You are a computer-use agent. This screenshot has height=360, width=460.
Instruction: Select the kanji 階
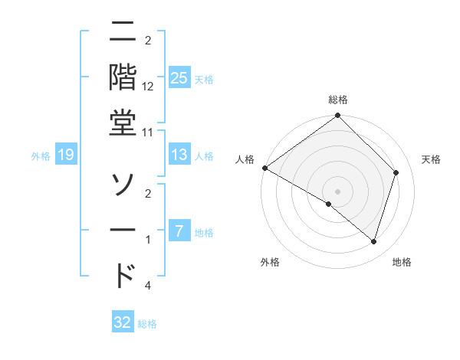coord(123,77)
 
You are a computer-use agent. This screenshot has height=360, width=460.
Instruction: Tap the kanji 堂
coord(123,123)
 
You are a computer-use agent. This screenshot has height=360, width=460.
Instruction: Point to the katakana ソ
coord(123,183)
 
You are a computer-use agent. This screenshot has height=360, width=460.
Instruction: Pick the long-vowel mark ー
coord(123,230)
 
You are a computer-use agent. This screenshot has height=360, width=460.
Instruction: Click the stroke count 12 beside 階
coord(148,86)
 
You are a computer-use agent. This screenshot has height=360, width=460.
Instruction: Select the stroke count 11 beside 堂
coord(148,132)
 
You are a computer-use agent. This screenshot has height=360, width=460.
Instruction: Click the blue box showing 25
coord(179,77)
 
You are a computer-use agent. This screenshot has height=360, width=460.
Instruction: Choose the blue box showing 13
coord(179,155)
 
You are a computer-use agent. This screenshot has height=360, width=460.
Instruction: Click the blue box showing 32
coord(123,322)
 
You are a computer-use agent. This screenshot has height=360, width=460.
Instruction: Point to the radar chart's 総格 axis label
coord(338,100)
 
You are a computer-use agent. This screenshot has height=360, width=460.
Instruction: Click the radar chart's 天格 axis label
coord(432,159)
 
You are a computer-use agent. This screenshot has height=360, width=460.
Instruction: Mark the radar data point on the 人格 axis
coord(264,168)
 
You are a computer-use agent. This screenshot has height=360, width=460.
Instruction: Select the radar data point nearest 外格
coord(329,204)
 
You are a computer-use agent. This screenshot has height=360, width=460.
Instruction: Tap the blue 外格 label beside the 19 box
coord(41,156)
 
